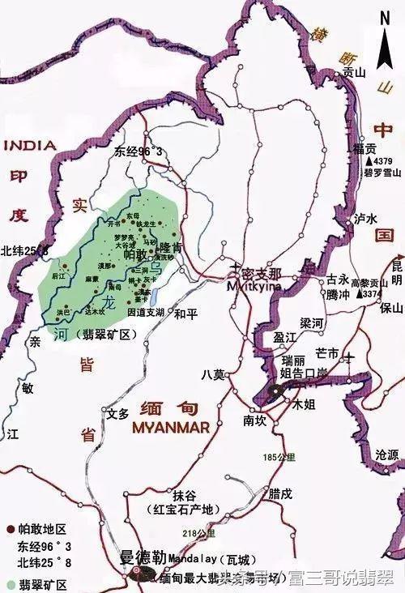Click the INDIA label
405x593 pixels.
pyautogui.click(x=30, y=146)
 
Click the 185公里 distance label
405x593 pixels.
pyautogui.click(x=276, y=459)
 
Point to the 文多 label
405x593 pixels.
pyautogui.click(x=118, y=413)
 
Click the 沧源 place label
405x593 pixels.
pyautogui.click(x=386, y=456)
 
